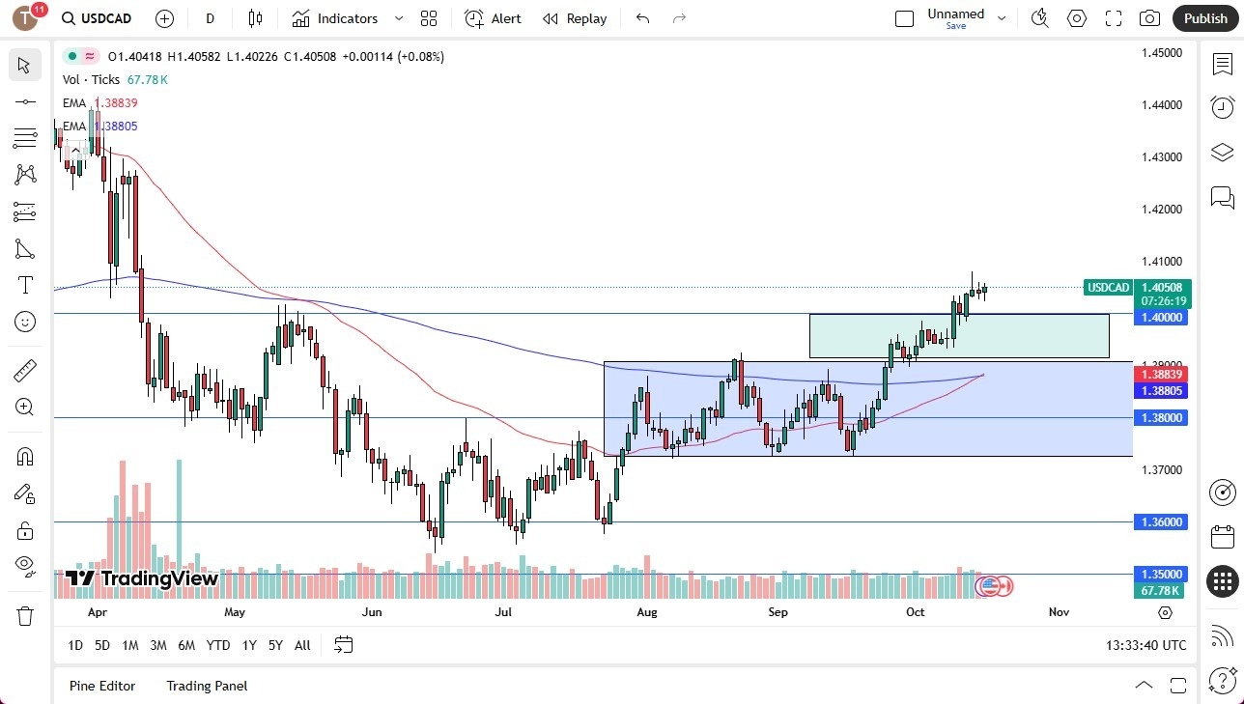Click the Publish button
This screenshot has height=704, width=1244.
pyautogui.click(x=1204, y=18)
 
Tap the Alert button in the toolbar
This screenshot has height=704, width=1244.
pyautogui.click(x=493, y=18)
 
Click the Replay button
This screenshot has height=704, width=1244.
pyautogui.click(x=575, y=18)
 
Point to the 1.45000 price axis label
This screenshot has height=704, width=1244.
pyautogui.click(x=1162, y=52)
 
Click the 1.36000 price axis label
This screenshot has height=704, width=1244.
pyautogui.click(x=1162, y=521)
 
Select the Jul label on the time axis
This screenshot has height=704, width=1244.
pyautogui.click(x=502, y=612)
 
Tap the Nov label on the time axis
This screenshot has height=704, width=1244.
pyautogui.click(x=1059, y=612)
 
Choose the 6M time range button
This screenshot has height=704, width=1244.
pyautogui.click(x=186, y=645)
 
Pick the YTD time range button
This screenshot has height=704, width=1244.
pyautogui.click(x=218, y=645)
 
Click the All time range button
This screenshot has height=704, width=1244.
pyautogui.click(x=302, y=645)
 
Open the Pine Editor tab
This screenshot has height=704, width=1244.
pyautogui.click(x=102, y=686)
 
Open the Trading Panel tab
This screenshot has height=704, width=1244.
pyautogui.click(x=207, y=686)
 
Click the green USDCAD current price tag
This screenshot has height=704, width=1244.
pyautogui.click(x=1109, y=287)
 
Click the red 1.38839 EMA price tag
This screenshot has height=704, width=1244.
pyautogui.click(x=1162, y=374)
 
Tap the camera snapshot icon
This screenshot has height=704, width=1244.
pyautogui.click(x=1149, y=18)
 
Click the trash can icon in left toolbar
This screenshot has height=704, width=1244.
pyautogui.click(x=25, y=615)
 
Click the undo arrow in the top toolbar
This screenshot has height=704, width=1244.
pyautogui.click(x=643, y=18)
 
